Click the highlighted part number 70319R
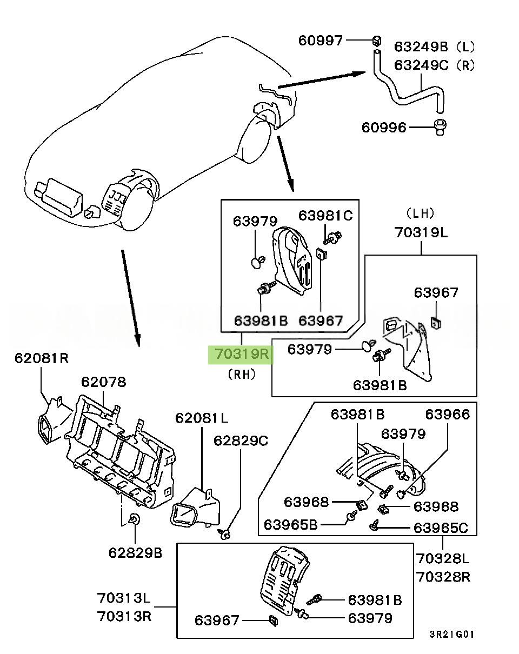click(x=241, y=355)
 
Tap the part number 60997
click(x=321, y=40)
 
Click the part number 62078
click(x=103, y=382)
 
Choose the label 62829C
click(x=241, y=441)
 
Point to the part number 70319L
click(x=421, y=233)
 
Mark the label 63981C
click(x=325, y=216)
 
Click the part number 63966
click(x=447, y=414)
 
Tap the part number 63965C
click(x=441, y=527)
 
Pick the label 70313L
click(x=124, y=598)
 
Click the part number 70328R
click(x=443, y=577)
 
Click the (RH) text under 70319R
click(x=242, y=374)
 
